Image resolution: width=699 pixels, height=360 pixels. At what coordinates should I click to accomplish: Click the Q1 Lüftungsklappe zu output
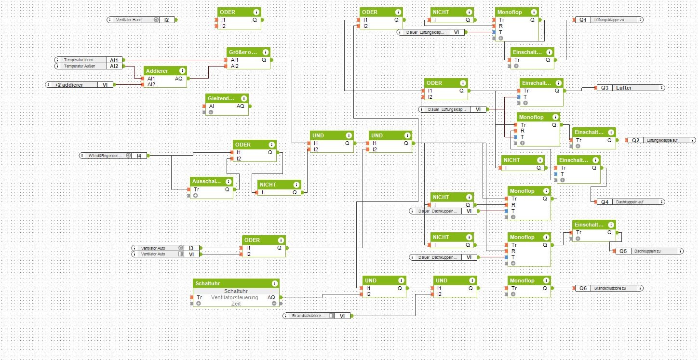point(608,20)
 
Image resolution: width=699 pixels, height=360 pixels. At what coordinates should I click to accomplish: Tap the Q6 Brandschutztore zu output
point(609,288)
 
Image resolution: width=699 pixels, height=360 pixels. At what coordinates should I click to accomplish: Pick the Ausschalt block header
point(208,182)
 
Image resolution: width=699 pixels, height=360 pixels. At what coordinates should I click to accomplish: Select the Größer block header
point(244,52)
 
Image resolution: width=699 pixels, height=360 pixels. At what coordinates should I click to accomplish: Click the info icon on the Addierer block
point(182,70)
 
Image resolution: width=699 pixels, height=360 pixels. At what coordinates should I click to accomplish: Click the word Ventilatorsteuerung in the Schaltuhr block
point(234,297)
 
